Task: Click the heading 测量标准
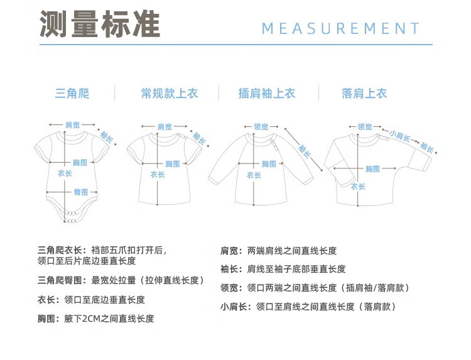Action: [x=100, y=24]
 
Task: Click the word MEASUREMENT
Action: [x=340, y=28]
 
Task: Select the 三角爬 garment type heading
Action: [x=72, y=93]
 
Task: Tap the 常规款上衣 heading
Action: [x=170, y=93]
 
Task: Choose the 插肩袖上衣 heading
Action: [x=267, y=93]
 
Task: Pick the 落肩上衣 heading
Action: [x=364, y=93]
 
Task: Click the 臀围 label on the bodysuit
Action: [x=81, y=192]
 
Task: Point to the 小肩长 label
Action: [x=400, y=136]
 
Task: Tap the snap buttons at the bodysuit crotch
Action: [x=72, y=217]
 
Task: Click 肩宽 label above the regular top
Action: [x=165, y=127]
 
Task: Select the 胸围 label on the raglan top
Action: [x=269, y=164]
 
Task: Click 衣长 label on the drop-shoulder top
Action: [x=358, y=187]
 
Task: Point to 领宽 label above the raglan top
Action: [x=261, y=127]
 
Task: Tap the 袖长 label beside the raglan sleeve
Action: [x=305, y=151]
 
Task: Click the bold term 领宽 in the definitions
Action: [x=229, y=288]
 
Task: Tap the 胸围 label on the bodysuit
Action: [x=80, y=163]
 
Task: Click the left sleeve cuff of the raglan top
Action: [x=214, y=180]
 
